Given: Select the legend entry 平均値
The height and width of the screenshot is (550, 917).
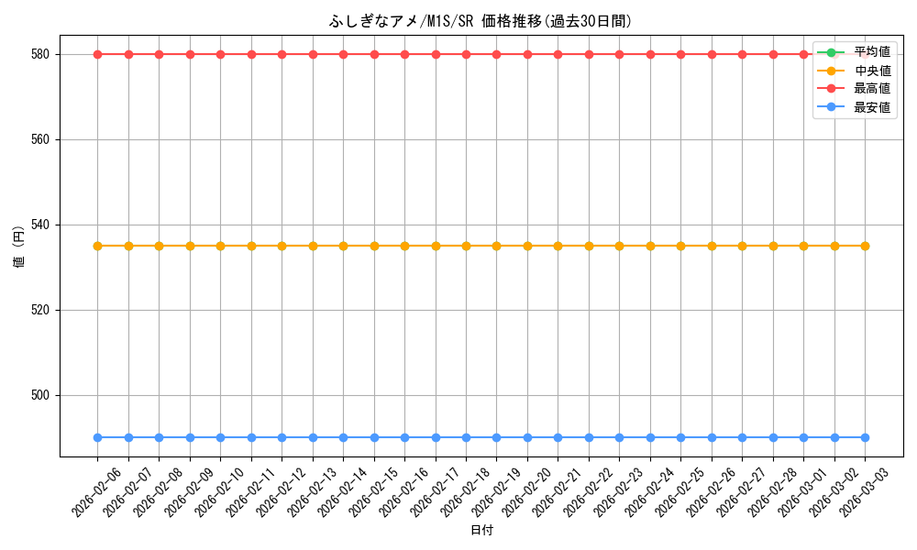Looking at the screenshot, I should pos(871,52).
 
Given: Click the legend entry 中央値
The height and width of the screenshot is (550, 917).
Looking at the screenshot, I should pos(871,71).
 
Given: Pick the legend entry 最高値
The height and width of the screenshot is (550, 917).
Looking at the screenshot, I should pos(871,89).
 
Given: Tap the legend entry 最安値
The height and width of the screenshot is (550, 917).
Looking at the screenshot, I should pos(871,107).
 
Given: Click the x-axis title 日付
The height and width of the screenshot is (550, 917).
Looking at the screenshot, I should pos(481,531).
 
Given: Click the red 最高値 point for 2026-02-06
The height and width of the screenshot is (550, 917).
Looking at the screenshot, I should pos(97,54).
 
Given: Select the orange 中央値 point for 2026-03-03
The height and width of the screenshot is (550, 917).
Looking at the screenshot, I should pos(865,246).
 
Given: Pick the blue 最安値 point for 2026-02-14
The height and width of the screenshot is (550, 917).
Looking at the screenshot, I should pos(343,437).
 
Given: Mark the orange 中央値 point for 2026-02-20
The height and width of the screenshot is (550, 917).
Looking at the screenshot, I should pos(527,246).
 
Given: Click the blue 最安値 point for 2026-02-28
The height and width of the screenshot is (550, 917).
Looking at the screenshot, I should pos(773,437).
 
